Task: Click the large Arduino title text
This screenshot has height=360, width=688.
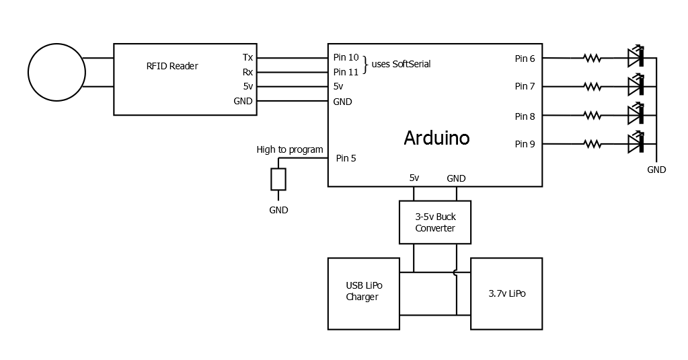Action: [436, 138]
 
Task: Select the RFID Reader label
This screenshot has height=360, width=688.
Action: [172, 66]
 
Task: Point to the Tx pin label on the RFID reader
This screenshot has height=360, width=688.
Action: [247, 58]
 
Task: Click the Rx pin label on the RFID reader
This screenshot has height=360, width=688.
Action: [247, 72]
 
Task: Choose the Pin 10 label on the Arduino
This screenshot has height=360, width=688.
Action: [346, 58]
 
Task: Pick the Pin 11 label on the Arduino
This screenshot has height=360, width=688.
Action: [346, 72]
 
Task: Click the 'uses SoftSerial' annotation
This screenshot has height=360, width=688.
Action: [401, 64]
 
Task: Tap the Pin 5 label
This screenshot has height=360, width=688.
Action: [346, 159]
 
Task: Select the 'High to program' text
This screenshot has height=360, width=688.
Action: [289, 149]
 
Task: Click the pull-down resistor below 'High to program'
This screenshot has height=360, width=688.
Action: [278, 180]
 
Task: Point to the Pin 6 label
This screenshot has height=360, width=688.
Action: [525, 59]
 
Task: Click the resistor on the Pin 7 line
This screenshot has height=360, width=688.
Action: [592, 86]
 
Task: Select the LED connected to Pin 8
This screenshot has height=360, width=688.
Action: [636, 115]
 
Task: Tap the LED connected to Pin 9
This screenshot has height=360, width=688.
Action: [636, 143]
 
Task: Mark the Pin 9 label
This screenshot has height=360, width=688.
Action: [525, 144]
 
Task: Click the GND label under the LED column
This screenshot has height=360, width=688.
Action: [656, 170]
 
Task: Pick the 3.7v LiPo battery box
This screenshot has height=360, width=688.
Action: [506, 294]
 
